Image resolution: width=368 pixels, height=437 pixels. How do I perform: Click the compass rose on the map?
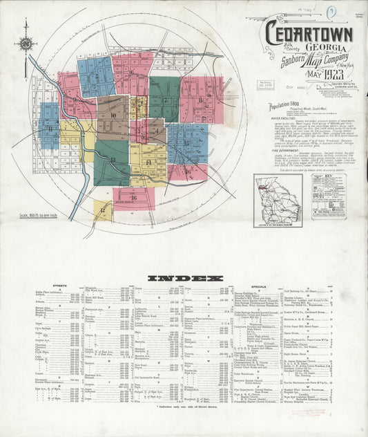coord(26,44)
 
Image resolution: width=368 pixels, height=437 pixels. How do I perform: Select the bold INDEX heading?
coord(186,278)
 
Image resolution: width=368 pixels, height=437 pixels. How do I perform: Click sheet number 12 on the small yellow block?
coord(102,210)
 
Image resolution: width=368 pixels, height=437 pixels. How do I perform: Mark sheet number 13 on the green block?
coord(112,160)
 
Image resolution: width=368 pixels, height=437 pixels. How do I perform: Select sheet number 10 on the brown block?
coord(111,115)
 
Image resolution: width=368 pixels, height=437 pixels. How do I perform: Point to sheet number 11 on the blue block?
coord(49,125)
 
